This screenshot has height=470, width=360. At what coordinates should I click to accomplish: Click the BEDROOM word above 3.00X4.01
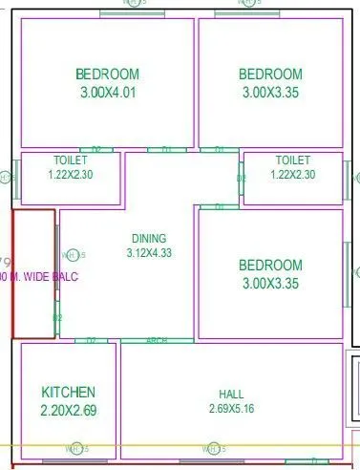click(107, 75)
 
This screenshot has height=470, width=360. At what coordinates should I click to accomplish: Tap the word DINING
click(148, 239)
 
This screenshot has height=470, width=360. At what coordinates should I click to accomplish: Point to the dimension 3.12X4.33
click(148, 253)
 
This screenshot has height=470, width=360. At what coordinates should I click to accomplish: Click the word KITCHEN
click(68, 392)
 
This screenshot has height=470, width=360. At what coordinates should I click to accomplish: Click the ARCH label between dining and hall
click(156, 340)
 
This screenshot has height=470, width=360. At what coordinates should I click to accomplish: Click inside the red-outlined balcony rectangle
click(33, 306)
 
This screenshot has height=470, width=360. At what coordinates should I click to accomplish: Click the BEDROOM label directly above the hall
click(270, 265)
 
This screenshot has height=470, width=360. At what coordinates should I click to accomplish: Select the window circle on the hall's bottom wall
click(211, 448)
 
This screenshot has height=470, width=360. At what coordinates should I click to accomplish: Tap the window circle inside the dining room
click(69, 255)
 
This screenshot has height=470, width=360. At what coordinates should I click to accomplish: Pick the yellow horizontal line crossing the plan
click(286, 446)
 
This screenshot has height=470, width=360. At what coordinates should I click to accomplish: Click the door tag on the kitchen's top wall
click(92, 340)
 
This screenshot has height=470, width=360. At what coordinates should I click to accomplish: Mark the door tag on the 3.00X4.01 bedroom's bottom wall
click(95, 149)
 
